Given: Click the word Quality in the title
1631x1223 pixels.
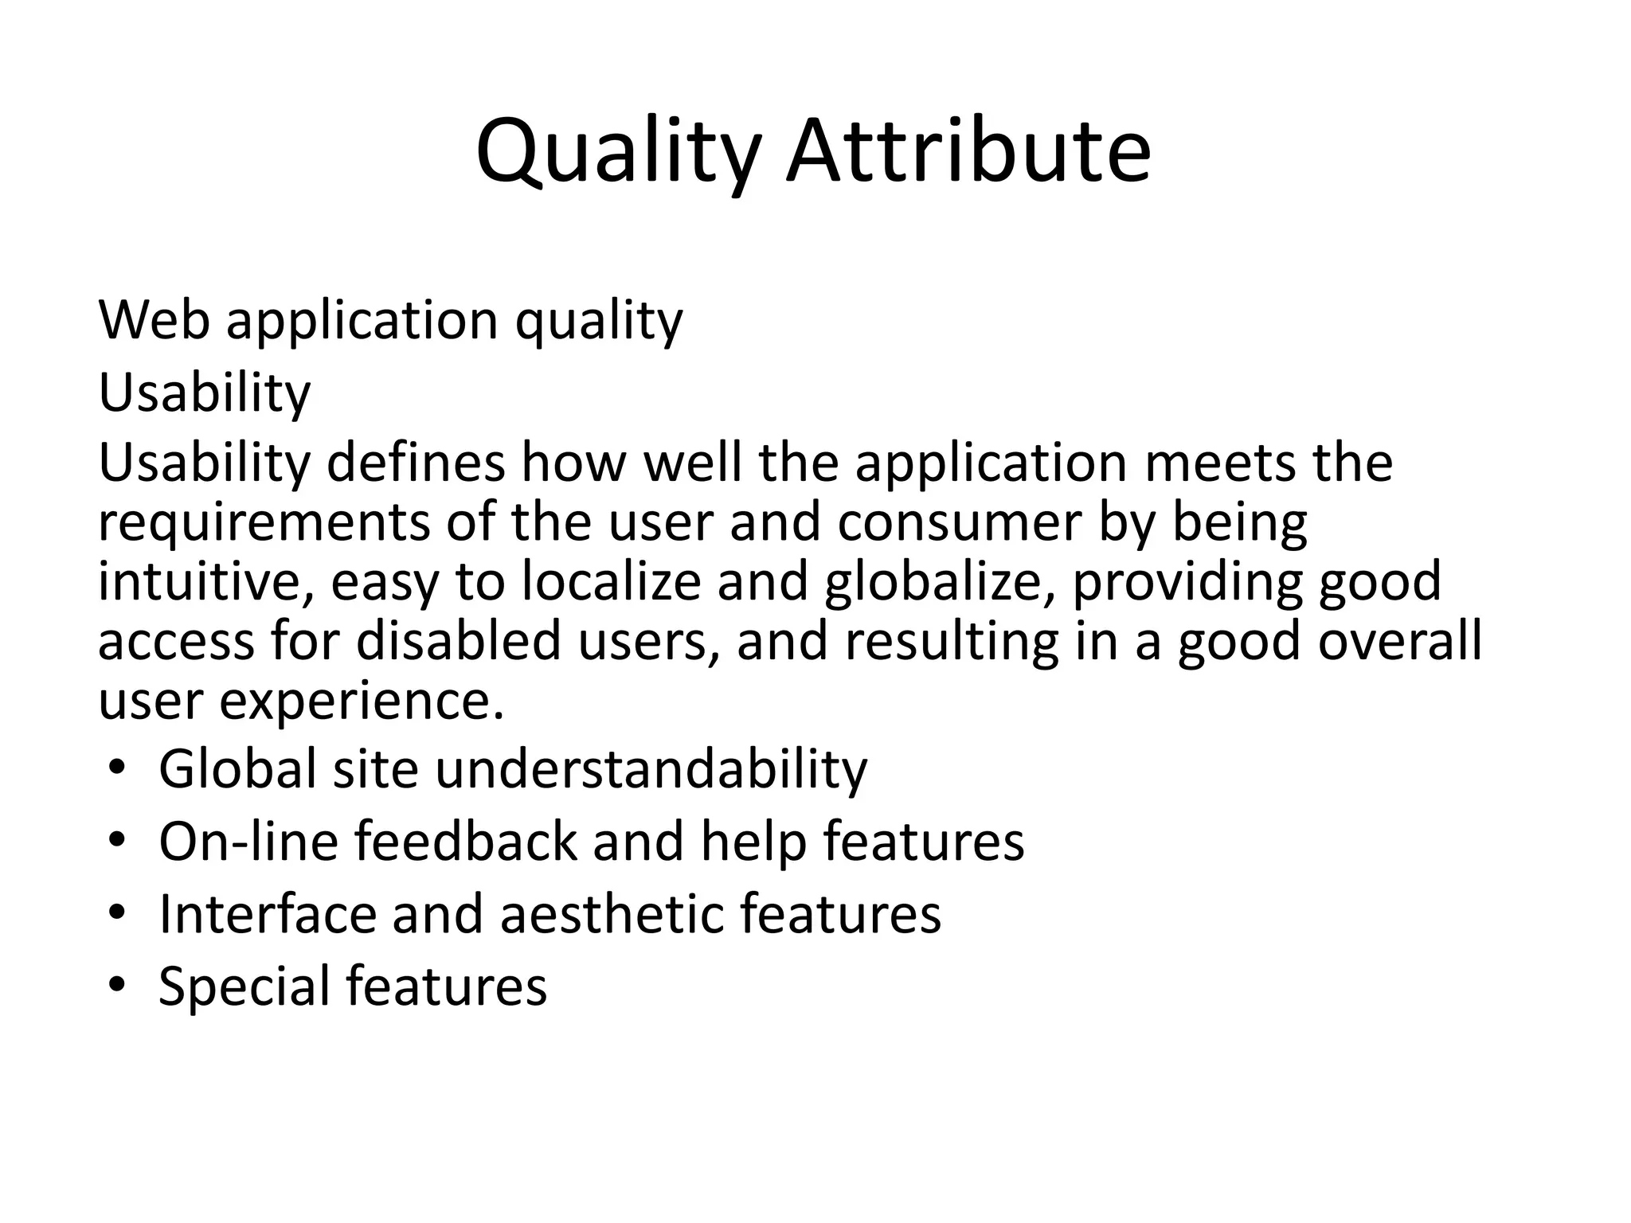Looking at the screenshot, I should (618, 151).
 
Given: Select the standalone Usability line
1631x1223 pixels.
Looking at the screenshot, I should (204, 393).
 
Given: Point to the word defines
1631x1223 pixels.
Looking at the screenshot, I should (416, 463).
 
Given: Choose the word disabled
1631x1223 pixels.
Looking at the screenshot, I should (459, 641).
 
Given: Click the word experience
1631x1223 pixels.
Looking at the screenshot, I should (362, 701).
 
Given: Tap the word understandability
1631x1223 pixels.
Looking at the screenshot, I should (651, 769).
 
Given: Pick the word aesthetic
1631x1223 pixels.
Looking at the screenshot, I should (612, 914).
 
